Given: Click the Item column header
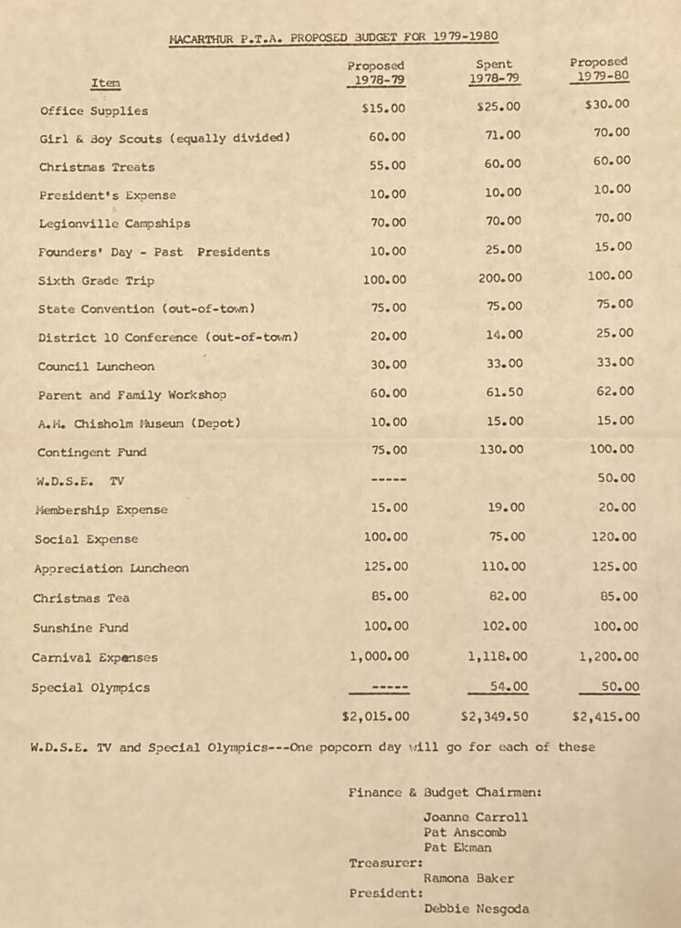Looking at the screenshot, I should click(105, 83).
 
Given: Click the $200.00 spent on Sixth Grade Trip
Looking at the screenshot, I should click(500, 277).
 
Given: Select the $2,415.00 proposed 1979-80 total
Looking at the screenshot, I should click(605, 716).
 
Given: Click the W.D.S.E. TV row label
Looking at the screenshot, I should click(80, 480).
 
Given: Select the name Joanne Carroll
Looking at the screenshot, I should click(475, 817).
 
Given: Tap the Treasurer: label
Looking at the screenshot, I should click(385, 861).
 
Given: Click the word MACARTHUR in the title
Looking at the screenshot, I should click(205, 38).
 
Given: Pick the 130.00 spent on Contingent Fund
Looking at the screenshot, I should click(500, 449).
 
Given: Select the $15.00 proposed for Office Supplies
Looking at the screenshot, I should click(383, 108).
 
